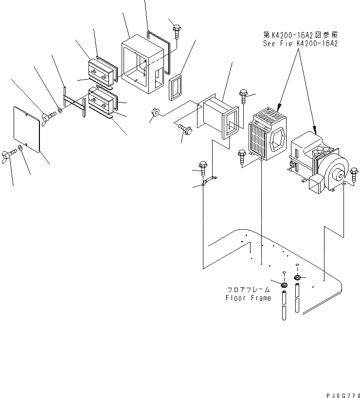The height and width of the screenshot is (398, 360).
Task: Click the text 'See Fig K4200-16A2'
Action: point(300,44)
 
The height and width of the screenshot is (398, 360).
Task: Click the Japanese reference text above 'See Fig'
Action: point(300,35)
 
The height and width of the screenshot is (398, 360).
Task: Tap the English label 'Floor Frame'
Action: point(248,298)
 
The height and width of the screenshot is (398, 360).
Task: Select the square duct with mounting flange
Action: point(222,120)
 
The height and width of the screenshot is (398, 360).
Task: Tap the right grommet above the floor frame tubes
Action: point(297,277)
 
